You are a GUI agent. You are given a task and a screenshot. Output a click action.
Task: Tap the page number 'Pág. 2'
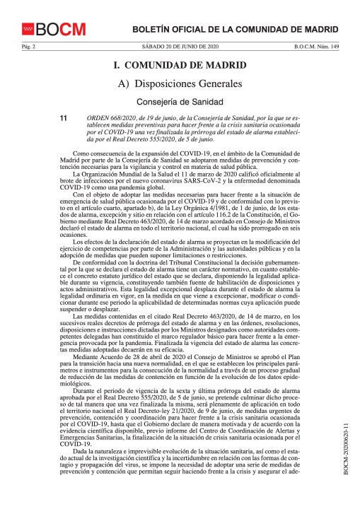[28, 46]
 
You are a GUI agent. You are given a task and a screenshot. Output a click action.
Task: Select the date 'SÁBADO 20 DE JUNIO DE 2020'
[180, 46]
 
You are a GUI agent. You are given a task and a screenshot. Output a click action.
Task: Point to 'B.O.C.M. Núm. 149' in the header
[316, 46]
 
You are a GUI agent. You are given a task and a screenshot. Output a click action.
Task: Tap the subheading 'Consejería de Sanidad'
[180, 101]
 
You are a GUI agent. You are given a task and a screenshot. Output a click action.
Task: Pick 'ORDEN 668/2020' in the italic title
[110, 117]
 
